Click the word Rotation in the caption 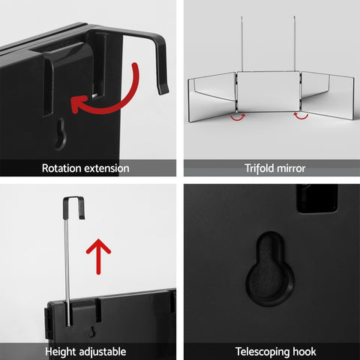coord(61,168)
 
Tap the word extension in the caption coord(106,168)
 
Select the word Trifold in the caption coord(259,168)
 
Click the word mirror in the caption coord(291,168)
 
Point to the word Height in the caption coord(61,352)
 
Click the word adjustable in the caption coord(103,352)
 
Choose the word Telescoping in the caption coord(262,352)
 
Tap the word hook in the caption coord(304,352)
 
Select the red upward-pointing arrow coord(98,256)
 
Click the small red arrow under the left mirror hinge coord(238,117)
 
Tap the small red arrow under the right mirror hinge coord(301,116)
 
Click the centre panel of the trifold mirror coord(268,91)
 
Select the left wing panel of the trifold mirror coord(212,97)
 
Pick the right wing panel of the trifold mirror coord(328,96)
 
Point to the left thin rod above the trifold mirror coord(242,44)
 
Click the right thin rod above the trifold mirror coord(295,43)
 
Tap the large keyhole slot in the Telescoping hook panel coord(270,268)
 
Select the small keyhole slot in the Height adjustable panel coord(91,331)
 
